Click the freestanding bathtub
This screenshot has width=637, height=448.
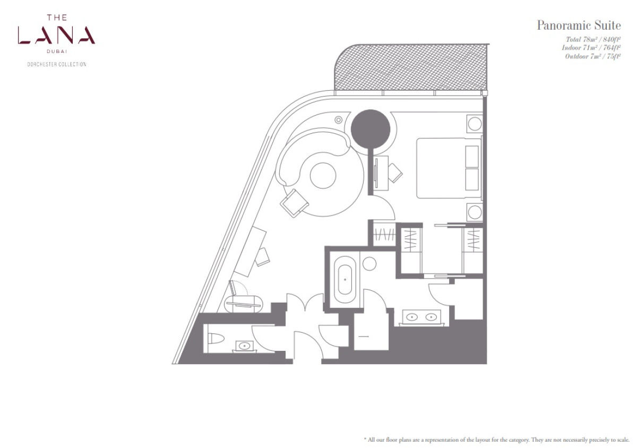click(345, 280)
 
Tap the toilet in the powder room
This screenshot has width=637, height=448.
click(216, 339)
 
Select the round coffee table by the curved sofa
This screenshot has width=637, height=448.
click(323, 176)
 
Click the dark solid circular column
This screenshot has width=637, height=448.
click(371, 129)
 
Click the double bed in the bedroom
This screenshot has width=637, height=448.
click(449, 168)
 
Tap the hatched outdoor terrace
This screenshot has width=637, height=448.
click(411, 67)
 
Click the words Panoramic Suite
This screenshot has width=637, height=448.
click(579, 25)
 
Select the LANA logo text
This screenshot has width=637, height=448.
click(56, 35)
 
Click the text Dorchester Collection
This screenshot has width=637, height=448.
click(57, 64)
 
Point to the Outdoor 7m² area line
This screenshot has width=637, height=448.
click(592, 56)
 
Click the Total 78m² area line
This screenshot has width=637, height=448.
click(593, 39)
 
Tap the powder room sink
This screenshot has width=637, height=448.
click(244, 346)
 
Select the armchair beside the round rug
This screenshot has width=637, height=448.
click(294, 203)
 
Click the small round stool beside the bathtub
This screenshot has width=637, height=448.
click(369, 264)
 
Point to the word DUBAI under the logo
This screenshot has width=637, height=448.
click(57, 51)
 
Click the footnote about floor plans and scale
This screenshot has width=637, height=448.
click(497, 440)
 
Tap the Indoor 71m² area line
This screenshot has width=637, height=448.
click(591, 48)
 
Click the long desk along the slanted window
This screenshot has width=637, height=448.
click(250, 252)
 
